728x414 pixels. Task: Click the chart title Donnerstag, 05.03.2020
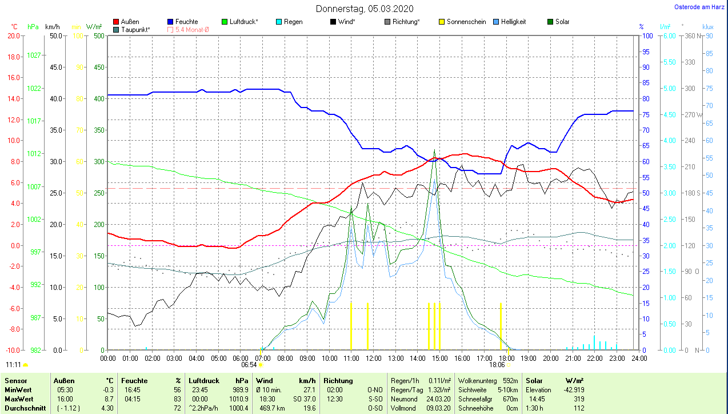pos(365,9)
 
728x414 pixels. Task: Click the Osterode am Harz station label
pos(699,7)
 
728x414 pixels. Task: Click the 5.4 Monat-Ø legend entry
pos(188,29)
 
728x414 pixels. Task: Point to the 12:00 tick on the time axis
pos(374,359)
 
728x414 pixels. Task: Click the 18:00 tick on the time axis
pos(506,359)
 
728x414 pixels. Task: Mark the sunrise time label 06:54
pos(249,365)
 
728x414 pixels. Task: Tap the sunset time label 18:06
pos(497,365)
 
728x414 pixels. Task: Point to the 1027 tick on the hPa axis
pos(34,55)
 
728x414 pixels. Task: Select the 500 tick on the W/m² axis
pos(98,36)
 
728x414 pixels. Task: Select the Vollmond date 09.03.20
pos(439,408)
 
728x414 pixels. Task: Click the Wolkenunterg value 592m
pos(510,381)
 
